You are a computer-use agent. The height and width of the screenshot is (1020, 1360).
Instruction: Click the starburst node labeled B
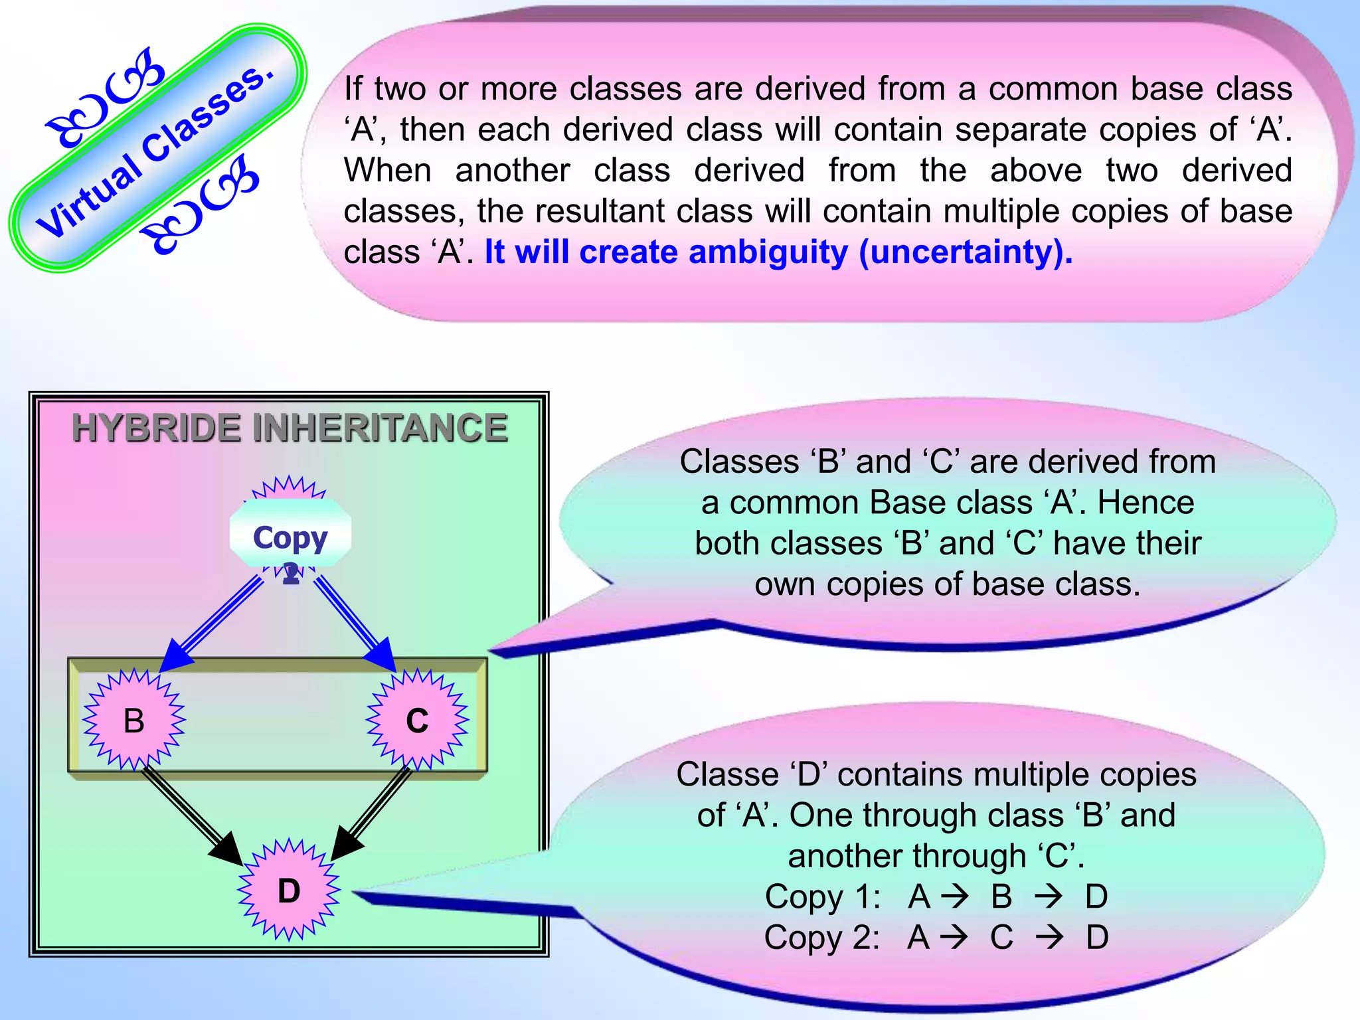click(x=133, y=721)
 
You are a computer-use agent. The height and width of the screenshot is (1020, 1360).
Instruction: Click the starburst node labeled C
click(x=417, y=721)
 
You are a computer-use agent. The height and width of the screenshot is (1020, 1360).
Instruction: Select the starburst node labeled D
click(x=289, y=891)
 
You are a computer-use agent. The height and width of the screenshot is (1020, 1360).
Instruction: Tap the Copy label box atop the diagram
click(x=290, y=535)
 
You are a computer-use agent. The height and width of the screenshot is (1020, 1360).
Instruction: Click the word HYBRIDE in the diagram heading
click(x=157, y=428)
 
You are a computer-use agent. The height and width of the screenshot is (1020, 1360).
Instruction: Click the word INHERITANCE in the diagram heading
click(x=381, y=428)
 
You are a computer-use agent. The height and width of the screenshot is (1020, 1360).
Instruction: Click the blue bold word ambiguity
click(x=768, y=252)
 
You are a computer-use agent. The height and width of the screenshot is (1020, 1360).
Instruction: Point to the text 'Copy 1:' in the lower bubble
click(x=822, y=896)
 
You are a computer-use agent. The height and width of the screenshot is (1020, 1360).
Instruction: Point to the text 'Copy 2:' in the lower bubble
click(x=821, y=938)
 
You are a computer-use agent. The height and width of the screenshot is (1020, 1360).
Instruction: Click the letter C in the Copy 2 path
click(x=1001, y=938)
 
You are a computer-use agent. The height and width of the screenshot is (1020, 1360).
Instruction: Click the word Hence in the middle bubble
click(x=1146, y=503)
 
